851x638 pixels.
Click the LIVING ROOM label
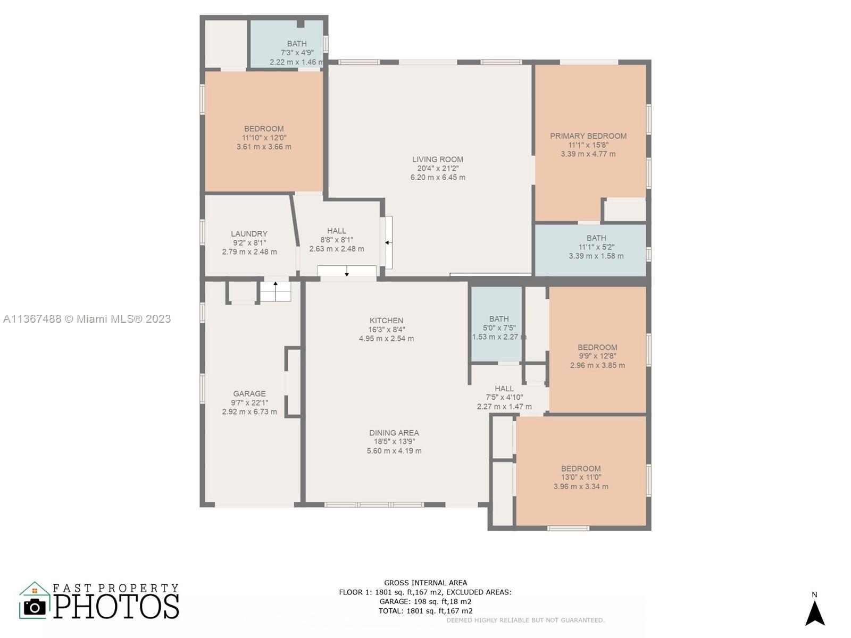click(437, 159)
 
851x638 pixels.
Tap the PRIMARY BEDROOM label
click(588, 136)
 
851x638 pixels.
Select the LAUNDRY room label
click(249, 233)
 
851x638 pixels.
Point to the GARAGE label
click(249, 393)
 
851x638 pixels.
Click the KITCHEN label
click(386, 321)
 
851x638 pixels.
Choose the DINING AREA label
click(394, 433)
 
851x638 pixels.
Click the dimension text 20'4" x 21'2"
click(438, 169)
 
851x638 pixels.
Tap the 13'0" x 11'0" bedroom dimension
click(581, 477)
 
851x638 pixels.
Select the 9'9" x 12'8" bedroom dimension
click(597, 356)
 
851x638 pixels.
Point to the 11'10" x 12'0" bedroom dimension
click(264, 138)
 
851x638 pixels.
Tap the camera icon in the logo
click(35, 607)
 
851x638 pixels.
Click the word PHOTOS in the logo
click(116, 606)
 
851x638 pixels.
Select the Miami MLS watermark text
click(87, 319)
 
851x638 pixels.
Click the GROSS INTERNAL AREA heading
click(425, 583)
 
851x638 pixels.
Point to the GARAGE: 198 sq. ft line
click(425, 602)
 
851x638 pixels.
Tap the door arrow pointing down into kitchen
click(347, 271)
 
